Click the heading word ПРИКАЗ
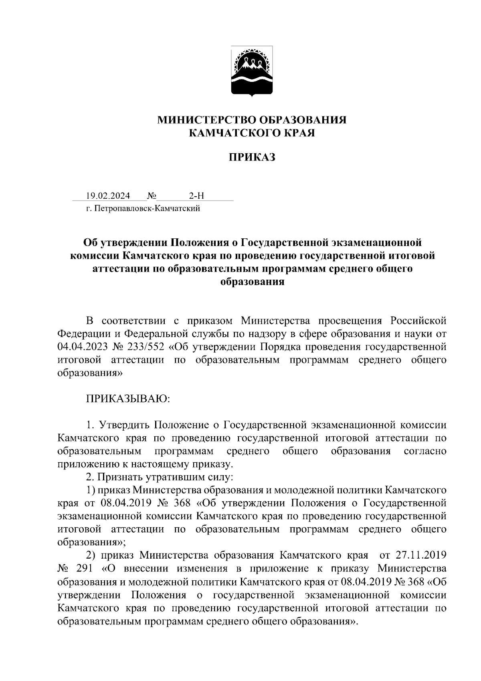click(x=252, y=157)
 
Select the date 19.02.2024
click(x=108, y=196)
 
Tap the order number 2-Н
click(x=196, y=196)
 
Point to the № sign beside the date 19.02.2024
click(x=152, y=196)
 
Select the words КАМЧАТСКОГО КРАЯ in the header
click(x=252, y=133)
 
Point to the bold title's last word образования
click(x=252, y=282)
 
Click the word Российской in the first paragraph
click(x=418, y=321)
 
